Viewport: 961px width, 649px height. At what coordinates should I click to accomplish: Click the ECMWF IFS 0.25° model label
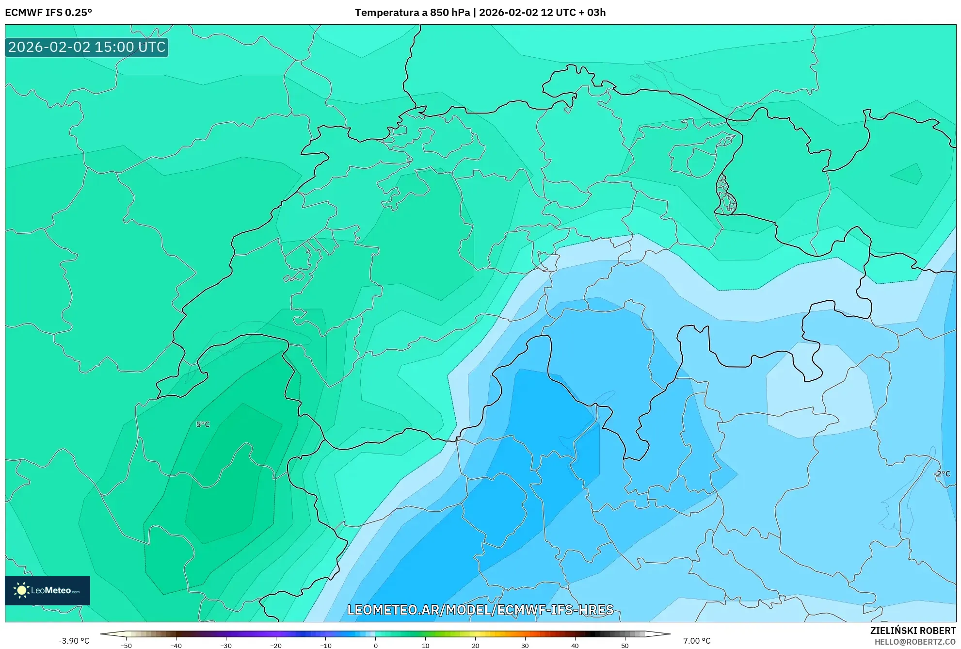[x=48, y=13]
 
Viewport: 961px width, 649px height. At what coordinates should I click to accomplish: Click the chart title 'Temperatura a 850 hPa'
[x=412, y=13]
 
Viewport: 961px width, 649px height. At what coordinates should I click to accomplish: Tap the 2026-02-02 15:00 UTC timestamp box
[x=87, y=47]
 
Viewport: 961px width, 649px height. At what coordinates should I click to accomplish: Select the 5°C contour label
[x=203, y=424]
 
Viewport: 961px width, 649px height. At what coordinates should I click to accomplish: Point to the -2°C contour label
[x=942, y=474]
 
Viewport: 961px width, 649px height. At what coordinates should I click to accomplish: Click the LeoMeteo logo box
[x=48, y=590]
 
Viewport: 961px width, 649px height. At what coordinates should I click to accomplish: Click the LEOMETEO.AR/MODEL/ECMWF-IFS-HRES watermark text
[x=480, y=610]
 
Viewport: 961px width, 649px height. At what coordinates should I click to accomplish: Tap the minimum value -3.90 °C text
[x=74, y=641]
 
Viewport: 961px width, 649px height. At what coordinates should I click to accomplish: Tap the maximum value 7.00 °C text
[x=697, y=641]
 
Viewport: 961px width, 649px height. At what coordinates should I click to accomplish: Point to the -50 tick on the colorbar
[x=126, y=646]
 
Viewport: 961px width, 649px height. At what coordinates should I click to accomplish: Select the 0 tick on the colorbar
[x=375, y=646]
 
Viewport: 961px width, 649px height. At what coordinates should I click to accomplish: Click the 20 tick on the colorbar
[x=475, y=646]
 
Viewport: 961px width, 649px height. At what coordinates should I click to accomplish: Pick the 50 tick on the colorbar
[x=625, y=646]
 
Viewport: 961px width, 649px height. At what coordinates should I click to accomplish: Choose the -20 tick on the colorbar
[x=275, y=646]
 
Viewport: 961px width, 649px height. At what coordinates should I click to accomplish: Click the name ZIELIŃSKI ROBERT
[x=913, y=631]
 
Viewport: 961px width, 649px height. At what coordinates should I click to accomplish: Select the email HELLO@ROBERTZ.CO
[x=914, y=642]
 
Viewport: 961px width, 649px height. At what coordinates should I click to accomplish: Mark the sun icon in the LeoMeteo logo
[x=21, y=590]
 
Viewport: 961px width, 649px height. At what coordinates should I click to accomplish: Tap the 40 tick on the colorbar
[x=575, y=646]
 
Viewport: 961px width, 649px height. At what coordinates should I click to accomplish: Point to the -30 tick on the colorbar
[x=225, y=646]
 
